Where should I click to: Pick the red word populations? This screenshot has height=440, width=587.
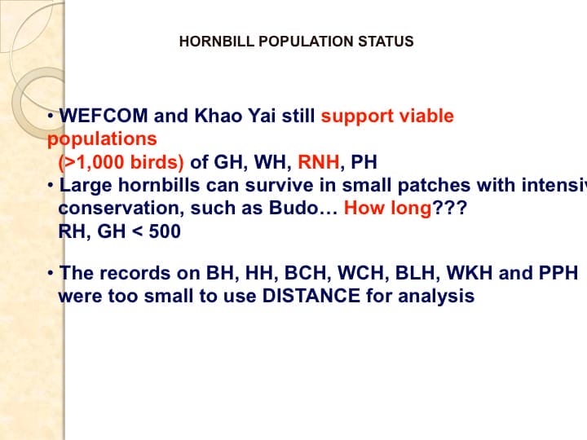pos(102,139)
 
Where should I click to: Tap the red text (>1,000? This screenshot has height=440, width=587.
pos(94,161)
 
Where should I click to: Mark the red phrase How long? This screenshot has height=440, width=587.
pos(387,208)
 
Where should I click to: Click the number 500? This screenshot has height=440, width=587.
pos(164,231)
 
